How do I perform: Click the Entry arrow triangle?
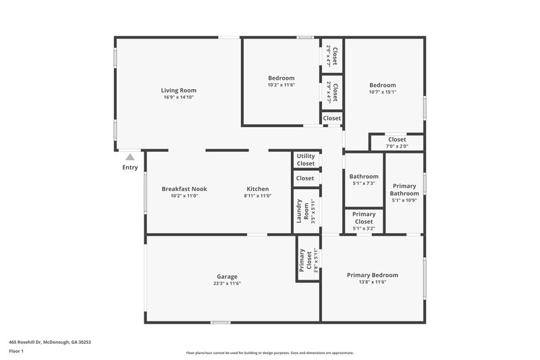130,157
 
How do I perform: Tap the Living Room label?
178,91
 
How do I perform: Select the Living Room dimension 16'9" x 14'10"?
178,98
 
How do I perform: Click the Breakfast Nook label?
184,189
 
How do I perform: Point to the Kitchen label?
257,189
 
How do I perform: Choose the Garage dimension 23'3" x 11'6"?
227,284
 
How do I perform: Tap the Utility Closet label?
305,160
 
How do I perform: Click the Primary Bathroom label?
405,190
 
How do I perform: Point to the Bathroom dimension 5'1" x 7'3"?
363,184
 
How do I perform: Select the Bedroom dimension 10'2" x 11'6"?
281,85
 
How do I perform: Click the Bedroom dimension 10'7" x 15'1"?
382,92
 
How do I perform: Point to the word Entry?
130,168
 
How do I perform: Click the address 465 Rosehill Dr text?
50,342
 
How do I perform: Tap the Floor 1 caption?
17,352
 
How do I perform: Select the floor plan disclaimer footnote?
269,353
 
